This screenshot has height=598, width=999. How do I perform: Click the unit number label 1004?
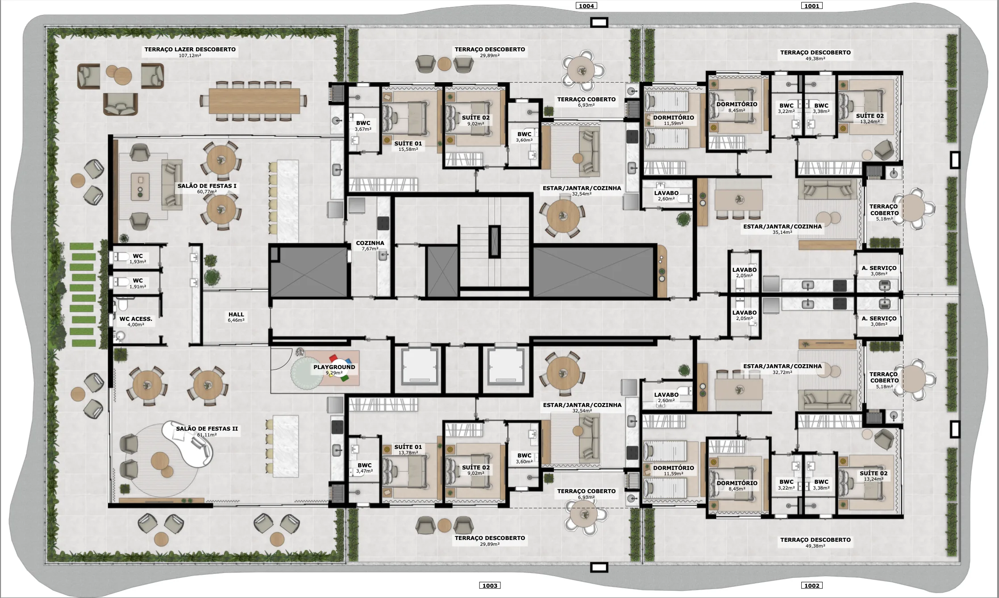point(586,6)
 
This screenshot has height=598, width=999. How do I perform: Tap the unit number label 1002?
point(811,586)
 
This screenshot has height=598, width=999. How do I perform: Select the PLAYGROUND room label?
point(334,367)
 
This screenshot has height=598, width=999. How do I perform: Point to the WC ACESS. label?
point(136,319)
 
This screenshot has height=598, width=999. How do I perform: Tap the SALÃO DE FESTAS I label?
point(207,186)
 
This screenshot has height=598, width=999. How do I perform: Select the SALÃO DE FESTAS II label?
point(207,429)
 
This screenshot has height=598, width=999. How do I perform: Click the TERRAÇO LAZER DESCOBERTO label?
point(190,50)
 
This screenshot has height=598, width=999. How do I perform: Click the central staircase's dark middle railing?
point(494,241)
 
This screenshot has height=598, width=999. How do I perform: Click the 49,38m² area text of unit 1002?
point(815,546)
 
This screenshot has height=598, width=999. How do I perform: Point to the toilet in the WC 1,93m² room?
point(121,257)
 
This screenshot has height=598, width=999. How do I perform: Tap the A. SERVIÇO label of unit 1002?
point(878,319)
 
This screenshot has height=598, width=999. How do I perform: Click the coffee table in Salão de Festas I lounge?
point(140,186)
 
